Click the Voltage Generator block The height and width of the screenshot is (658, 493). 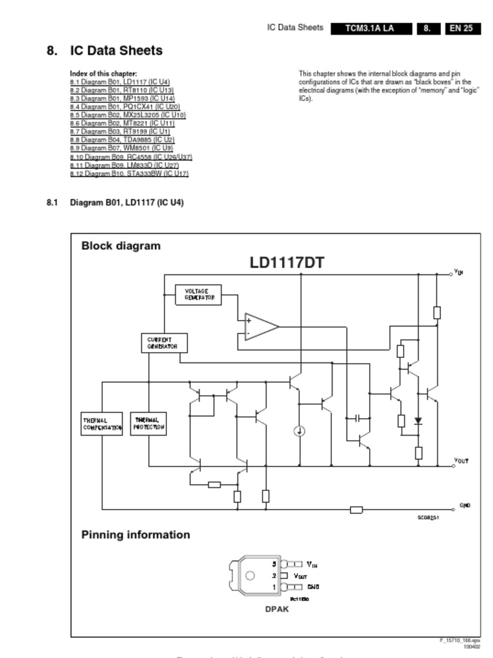pyautogui.click(x=198, y=295)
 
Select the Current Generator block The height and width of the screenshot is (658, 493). pyautogui.click(x=164, y=343)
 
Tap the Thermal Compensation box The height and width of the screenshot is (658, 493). pyautogui.click(x=101, y=424)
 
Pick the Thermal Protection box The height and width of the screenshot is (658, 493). pyautogui.click(x=148, y=423)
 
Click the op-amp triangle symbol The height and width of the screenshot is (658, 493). pyautogui.click(x=260, y=326)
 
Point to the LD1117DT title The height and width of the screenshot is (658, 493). pyautogui.click(x=287, y=263)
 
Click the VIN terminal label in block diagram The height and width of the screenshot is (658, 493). pyautogui.click(x=458, y=272)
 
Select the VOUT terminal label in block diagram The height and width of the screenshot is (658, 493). pyautogui.click(x=461, y=461)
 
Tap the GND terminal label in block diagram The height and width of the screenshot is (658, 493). pyautogui.click(x=465, y=506)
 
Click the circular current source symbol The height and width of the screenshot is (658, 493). pyautogui.click(x=299, y=431)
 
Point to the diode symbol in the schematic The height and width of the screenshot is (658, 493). pyautogui.click(x=419, y=421)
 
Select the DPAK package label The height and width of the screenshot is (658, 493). pyautogui.click(x=277, y=609)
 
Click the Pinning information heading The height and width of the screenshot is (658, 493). pyautogui.click(x=135, y=535)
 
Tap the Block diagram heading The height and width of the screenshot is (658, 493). pyautogui.click(x=121, y=245)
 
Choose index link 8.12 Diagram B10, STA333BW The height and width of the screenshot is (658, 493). pyautogui.click(x=129, y=173)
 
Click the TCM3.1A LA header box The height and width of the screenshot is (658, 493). pyautogui.click(x=369, y=28)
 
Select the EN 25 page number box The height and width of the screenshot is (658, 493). pyautogui.click(x=462, y=28)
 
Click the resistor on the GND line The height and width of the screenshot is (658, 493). pyautogui.click(x=356, y=510)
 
